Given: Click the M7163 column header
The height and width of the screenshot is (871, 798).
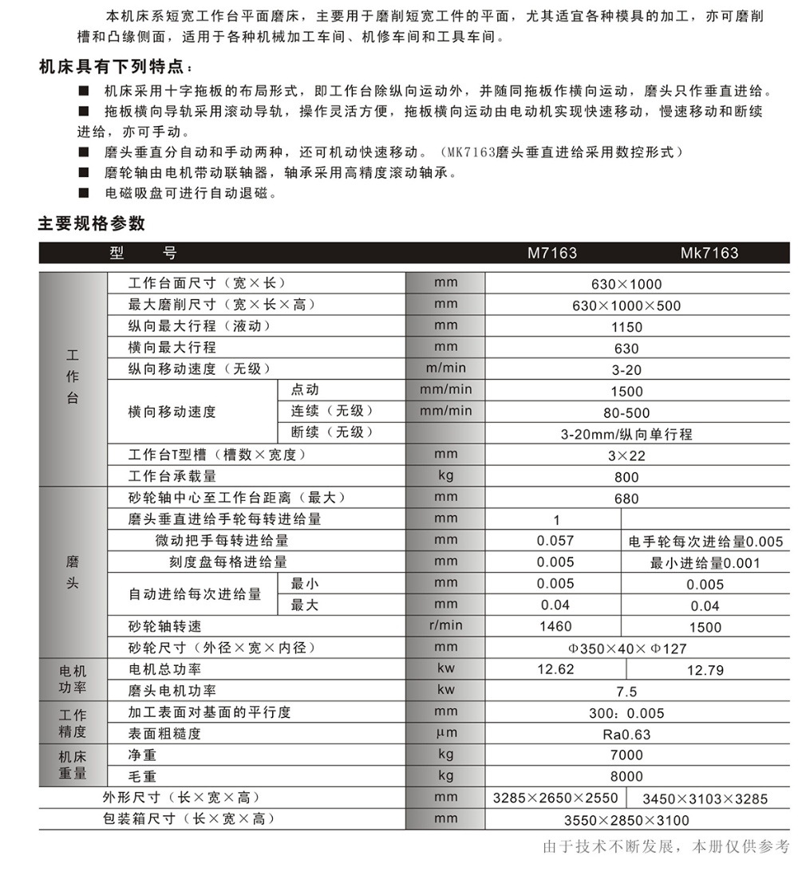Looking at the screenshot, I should (x=551, y=254).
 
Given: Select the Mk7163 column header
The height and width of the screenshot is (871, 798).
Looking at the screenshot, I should (x=709, y=254).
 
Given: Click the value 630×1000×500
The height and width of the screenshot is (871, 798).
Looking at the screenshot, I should (x=626, y=305).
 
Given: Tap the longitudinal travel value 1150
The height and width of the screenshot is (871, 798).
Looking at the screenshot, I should (x=626, y=327).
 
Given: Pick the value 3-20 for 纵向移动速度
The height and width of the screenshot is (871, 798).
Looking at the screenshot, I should (x=626, y=370).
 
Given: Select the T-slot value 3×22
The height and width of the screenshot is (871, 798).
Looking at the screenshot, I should (x=626, y=456).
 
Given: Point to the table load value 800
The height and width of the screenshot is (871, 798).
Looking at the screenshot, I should (x=626, y=478).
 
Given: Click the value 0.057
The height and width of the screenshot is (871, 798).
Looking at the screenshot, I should (x=555, y=541).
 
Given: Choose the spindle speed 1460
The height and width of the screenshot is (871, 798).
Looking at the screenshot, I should (x=555, y=627).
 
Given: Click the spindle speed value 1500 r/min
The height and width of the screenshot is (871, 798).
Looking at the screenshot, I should (x=705, y=627).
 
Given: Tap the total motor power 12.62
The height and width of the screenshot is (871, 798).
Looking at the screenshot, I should (x=555, y=669).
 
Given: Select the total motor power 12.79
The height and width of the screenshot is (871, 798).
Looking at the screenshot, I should (x=705, y=670).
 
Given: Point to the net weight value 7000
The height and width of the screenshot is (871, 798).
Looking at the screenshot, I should (x=626, y=755).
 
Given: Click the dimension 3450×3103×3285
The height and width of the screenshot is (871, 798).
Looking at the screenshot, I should (x=705, y=798).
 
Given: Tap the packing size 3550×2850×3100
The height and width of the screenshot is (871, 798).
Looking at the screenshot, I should (x=626, y=820).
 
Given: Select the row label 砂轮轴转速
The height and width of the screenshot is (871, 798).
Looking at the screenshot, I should (x=165, y=627).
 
